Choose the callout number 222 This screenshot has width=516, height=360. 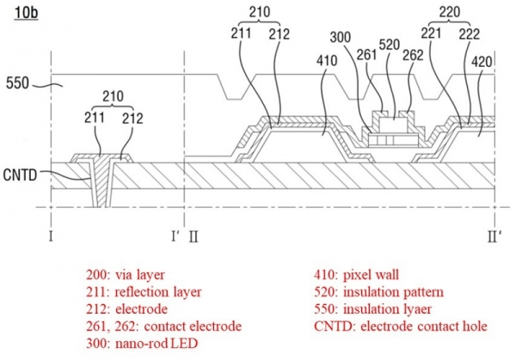470,35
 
